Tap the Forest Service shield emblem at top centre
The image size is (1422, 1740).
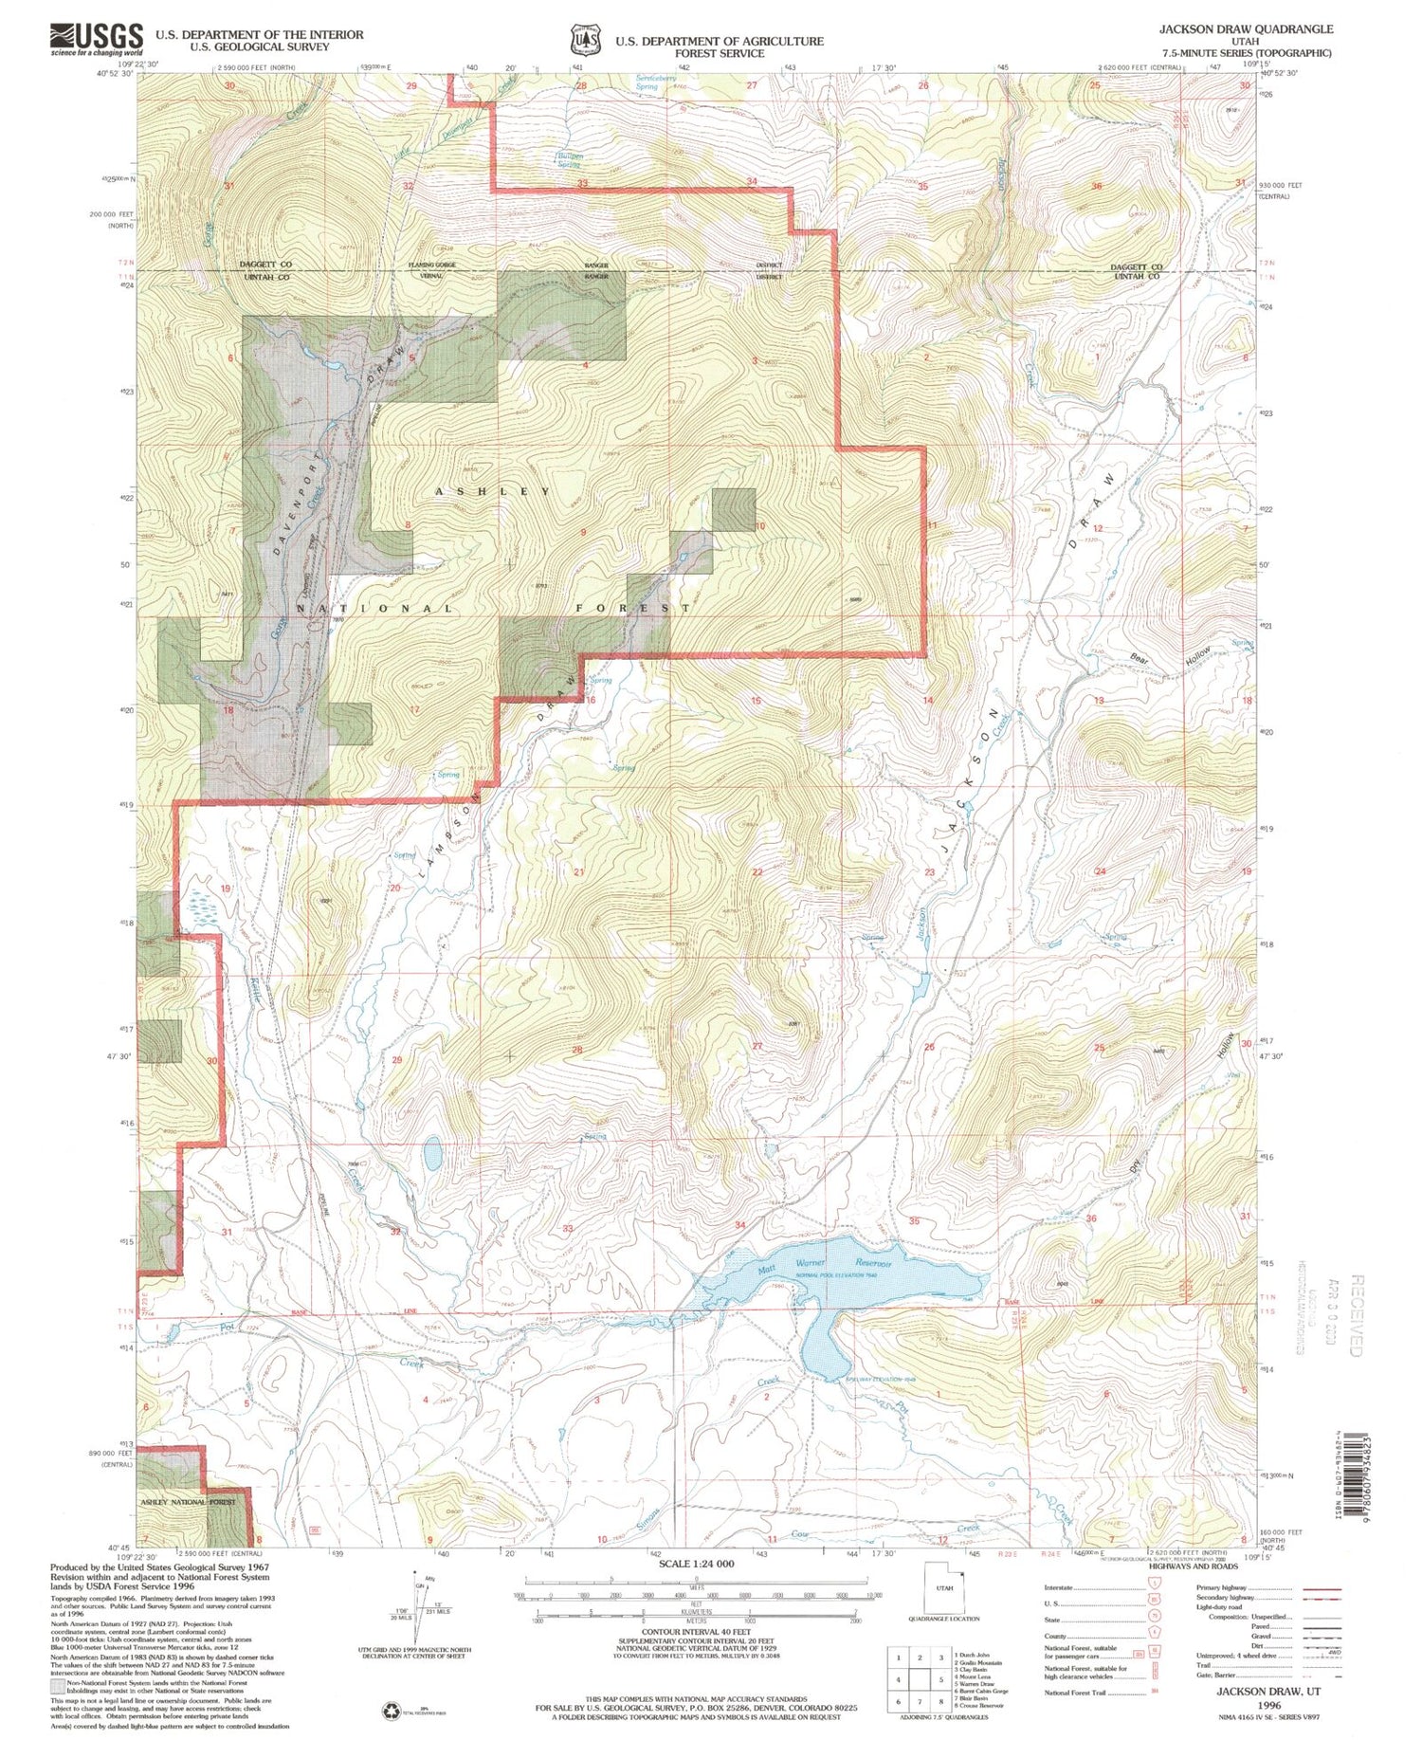pos(584,41)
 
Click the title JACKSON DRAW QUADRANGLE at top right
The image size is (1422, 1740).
pos(1245,29)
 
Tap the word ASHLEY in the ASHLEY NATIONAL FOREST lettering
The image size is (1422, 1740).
pos(492,491)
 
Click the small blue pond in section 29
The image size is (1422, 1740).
pos(432,1155)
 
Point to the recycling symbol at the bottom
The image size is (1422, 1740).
pos(392,1711)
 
